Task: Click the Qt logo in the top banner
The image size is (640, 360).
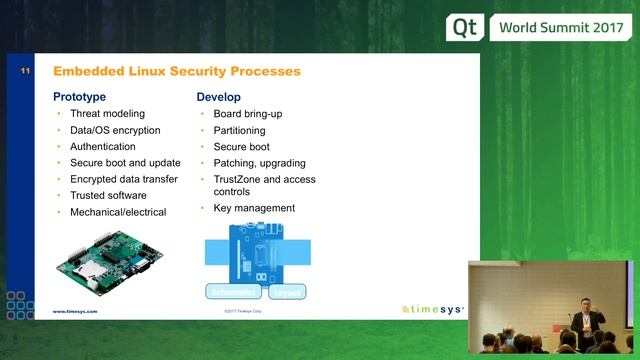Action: pyautogui.click(x=466, y=27)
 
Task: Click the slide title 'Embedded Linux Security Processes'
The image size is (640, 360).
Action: pyautogui.click(x=176, y=72)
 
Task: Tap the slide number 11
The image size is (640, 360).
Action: pyautogui.click(x=25, y=72)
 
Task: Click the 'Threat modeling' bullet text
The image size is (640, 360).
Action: pyautogui.click(x=107, y=114)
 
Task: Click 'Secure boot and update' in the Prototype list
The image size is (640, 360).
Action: pyautogui.click(x=125, y=163)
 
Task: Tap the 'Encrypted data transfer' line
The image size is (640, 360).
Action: pyautogui.click(x=124, y=179)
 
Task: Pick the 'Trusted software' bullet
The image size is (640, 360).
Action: pyautogui.click(x=108, y=195)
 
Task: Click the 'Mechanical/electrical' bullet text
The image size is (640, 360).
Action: pyautogui.click(x=118, y=212)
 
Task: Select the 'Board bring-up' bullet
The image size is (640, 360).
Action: pyautogui.click(x=248, y=114)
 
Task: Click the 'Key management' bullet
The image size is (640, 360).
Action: pyautogui.click(x=254, y=208)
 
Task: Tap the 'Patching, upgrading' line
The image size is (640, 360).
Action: pyautogui.click(x=259, y=163)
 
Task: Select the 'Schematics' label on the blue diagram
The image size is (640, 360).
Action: pyautogui.click(x=234, y=292)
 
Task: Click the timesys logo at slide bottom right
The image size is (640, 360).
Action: pyautogui.click(x=432, y=310)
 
